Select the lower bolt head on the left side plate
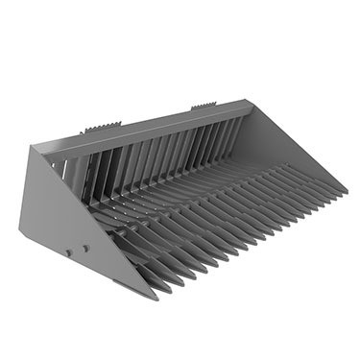point(68,253)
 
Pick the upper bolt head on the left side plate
point(85,248)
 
